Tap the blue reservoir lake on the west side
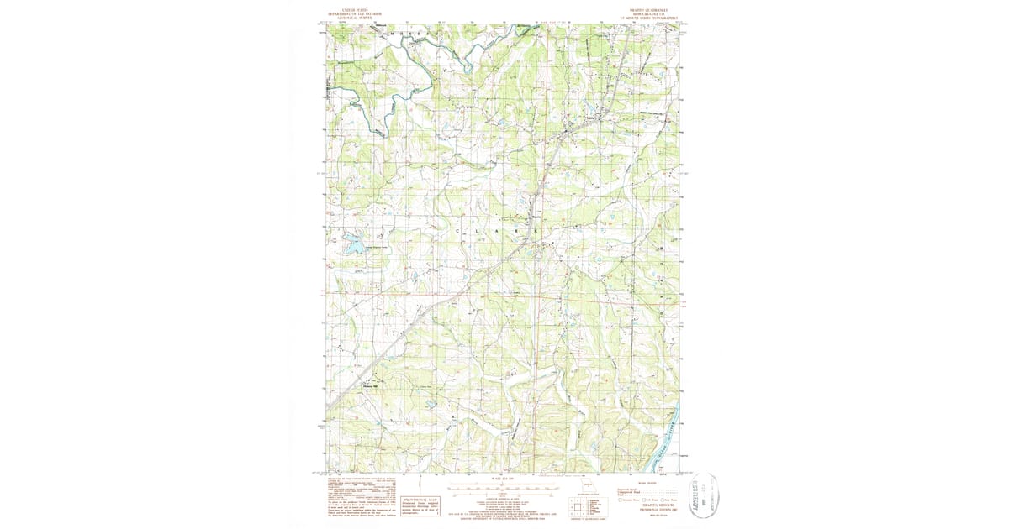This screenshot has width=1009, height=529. [x=354, y=244]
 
